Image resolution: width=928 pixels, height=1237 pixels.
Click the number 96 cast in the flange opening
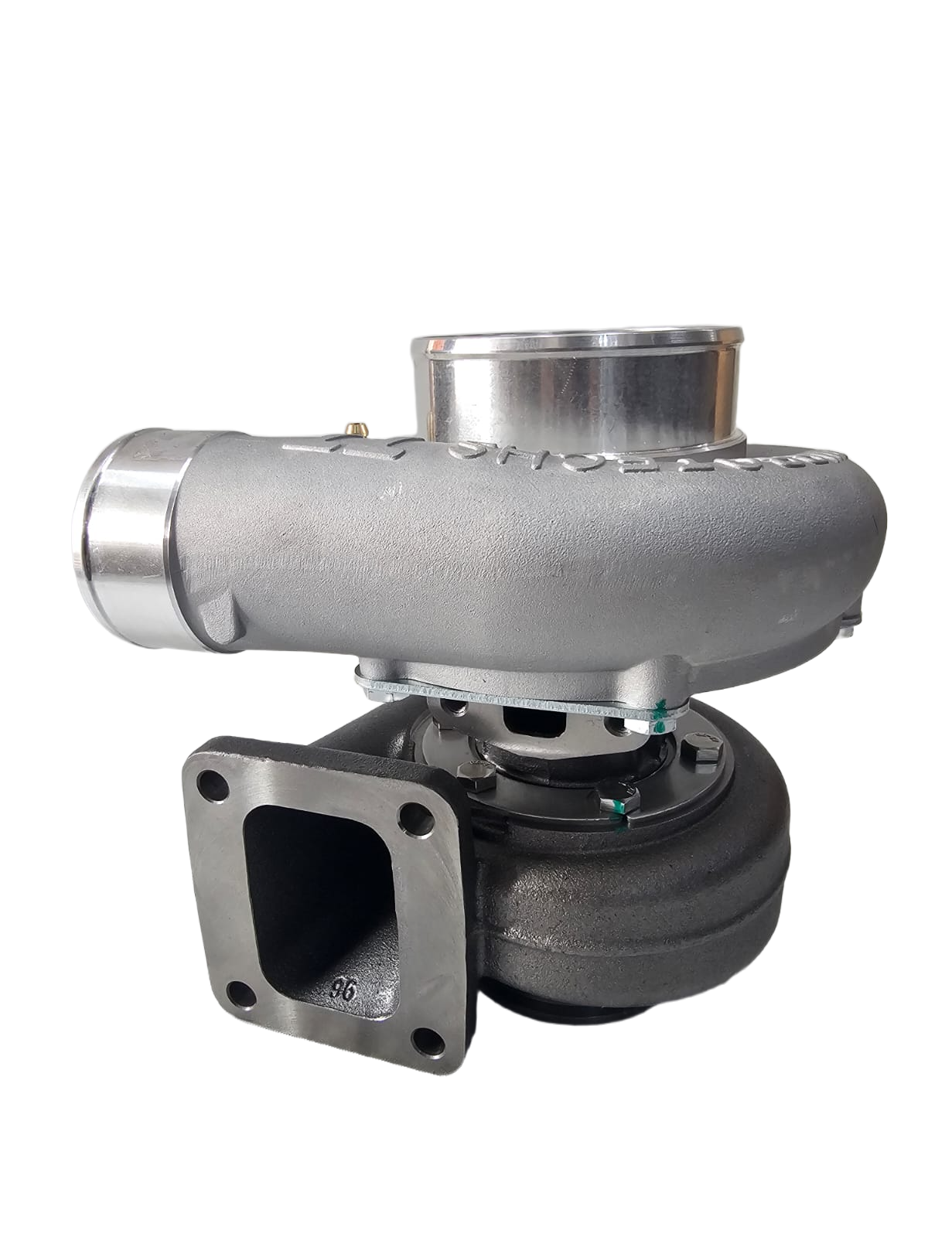(x=343, y=990)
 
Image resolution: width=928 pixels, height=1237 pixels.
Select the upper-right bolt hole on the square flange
(x=417, y=819)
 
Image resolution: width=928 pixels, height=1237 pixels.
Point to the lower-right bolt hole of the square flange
(x=428, y=1041)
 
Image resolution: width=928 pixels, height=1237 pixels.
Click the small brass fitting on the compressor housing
(x=357, y=428)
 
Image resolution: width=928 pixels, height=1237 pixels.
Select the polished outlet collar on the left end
(x=124, y=530)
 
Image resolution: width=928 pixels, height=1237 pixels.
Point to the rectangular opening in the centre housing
(x=534, y=723)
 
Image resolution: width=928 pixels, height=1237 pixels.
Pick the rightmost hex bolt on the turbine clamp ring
(x=702, y=748)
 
